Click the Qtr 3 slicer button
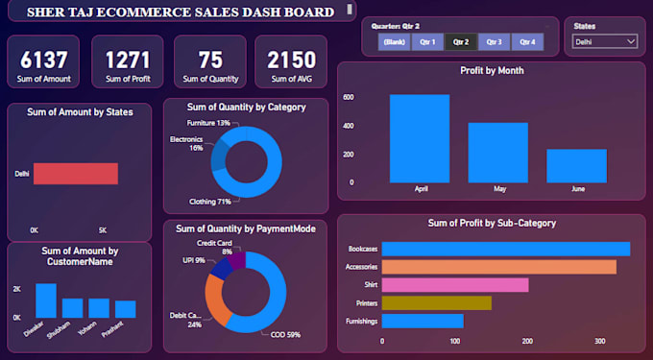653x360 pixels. (494, 42)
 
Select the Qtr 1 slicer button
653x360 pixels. (427, 42)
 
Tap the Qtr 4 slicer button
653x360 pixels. (526, 42)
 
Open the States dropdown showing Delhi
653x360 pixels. (605, 42)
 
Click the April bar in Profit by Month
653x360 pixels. (420, 138)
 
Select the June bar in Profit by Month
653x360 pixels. (576, 166)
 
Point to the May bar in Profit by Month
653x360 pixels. (497, 153)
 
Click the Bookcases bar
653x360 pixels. (506, 249)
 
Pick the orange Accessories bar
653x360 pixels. (499, 267)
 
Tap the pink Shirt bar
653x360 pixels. (455, 285)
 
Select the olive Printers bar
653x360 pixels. (437, 302)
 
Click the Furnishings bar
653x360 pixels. (423, 321)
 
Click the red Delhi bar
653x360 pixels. (75, 174)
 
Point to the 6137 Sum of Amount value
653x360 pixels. (43, 60)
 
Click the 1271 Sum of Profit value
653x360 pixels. (128, 60)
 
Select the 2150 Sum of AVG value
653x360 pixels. (291, 60)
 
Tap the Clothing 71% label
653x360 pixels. (210, 203)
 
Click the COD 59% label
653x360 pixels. (278, 335)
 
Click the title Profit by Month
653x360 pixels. (492, 70)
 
